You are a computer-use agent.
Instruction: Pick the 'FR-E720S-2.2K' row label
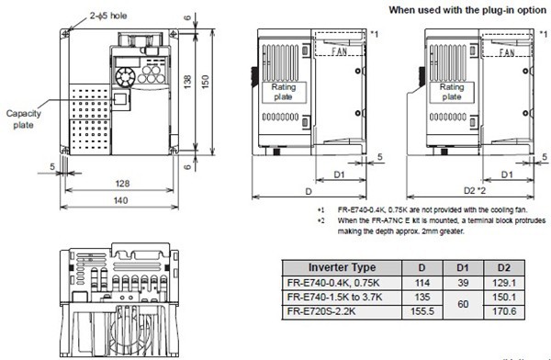(320, 311)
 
